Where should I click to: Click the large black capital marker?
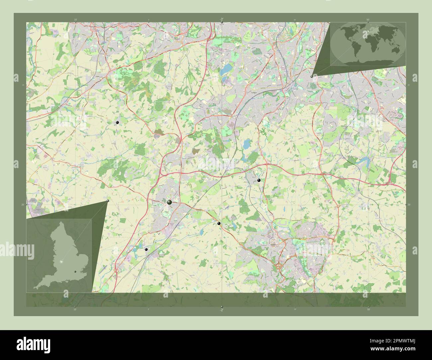169,202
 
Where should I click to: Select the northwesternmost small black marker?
117,123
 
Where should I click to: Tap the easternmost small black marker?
259,180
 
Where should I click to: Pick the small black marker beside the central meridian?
219,223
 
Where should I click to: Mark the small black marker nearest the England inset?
146,249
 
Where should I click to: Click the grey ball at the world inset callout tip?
311,76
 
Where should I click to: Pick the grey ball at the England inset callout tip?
108,201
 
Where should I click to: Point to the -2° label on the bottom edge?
221,310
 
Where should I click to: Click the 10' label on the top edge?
75,20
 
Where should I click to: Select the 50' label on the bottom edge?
368,309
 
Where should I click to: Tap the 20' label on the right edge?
409,205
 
